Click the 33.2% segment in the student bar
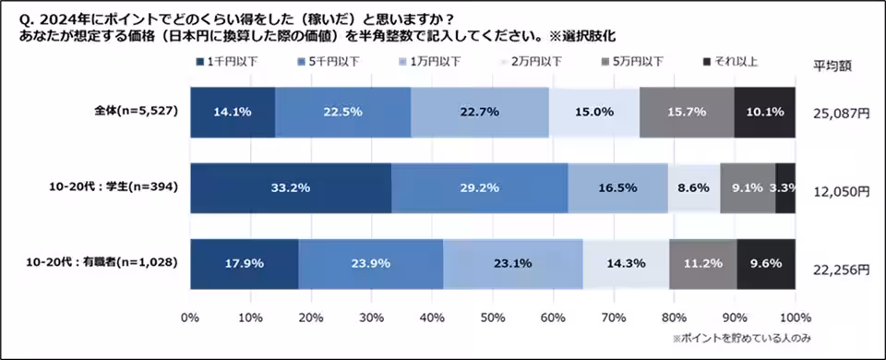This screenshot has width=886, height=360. click(x=290, y=187)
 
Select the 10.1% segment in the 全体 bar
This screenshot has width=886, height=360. click(x=764, y=112)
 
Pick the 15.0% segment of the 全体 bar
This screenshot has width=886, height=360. click(x=593, y=112)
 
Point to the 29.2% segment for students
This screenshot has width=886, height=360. click(x=479, y=187)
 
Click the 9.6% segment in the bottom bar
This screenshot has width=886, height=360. click(x=766, y=262)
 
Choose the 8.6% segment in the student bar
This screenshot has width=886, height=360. click(x=693, y=187)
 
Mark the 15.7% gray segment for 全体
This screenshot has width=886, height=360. click(x=686, y=112)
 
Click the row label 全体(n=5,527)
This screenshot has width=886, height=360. click(x=136, y=112)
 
